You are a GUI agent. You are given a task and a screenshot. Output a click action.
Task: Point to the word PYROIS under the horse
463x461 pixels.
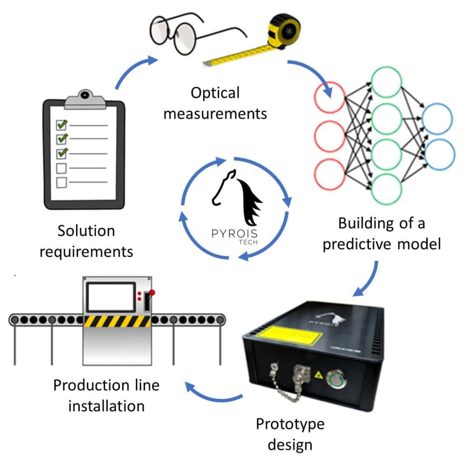tap(235, 234)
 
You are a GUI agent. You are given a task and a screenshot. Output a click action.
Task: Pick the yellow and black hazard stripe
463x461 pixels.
tap(117, 321)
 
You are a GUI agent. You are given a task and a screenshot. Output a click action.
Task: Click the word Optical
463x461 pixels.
tap(215, 93)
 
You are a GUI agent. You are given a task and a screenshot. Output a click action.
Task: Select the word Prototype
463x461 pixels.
tap(290, 424)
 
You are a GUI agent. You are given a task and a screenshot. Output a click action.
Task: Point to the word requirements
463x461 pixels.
tap(86, 251)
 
